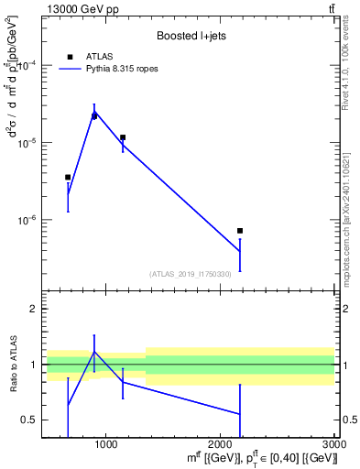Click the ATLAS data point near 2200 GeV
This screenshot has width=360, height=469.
[239, 231]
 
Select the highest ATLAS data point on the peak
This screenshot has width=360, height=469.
[94, 115]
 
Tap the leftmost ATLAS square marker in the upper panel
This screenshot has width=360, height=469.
[68, 178]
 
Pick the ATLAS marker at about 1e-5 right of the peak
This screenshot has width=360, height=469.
[123, 137]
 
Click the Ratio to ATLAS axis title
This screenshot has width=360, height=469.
[14, 365]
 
